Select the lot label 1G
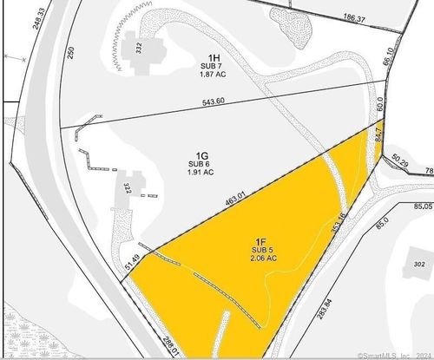click(199, 154)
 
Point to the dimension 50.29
click(400, 163)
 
